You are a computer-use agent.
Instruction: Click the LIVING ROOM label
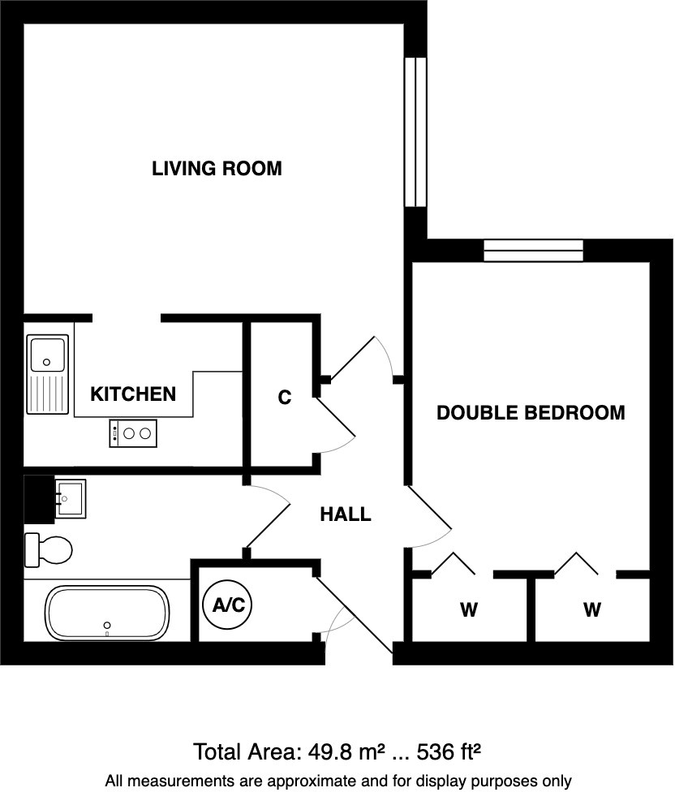[x=217, y=169]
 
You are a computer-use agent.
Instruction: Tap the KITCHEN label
[x=133, y=394]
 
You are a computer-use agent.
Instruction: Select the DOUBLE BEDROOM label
[x=531, y=412]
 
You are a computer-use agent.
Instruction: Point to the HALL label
[x=345, y=514]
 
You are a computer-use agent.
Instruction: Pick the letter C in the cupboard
[x=284, y=398]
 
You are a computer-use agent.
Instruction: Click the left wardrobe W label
[x=469, y=609]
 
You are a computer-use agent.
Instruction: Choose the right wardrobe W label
[x=591, y=609]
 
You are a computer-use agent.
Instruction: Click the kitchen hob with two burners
[x=132, y=433]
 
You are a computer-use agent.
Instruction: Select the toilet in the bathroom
[x=49, y=550]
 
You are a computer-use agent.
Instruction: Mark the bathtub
[x=107, y=612]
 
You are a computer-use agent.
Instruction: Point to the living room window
[x=415, y=132]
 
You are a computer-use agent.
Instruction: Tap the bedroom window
[x=533, y=251]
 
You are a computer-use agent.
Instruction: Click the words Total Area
[x=243, y=751]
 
